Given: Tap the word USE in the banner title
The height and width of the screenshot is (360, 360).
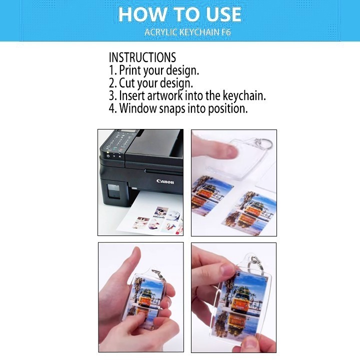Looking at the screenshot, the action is tap(223, 14).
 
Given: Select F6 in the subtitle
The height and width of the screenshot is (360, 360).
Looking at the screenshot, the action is tap(226, 32).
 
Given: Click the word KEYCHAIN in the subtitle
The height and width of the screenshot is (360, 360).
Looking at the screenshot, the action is tap(199, 32).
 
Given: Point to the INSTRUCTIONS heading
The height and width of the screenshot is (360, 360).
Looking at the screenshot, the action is tap(142, 57).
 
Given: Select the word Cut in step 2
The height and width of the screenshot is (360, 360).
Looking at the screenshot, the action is tap(126, 83).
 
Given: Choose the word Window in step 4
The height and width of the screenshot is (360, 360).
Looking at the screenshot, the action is tap(138, 108).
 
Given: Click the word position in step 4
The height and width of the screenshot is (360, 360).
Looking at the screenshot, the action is tap(228, 109).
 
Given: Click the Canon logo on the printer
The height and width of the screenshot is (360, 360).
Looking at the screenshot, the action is tap(165, 181).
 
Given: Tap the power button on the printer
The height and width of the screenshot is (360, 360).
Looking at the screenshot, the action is tap(108, 156).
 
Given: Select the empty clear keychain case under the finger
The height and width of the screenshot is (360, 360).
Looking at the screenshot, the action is tap(236, 158).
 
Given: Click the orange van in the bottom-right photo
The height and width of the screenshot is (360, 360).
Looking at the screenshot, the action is tap(240, 300).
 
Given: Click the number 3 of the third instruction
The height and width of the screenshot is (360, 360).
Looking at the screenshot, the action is tap(112, 96).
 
